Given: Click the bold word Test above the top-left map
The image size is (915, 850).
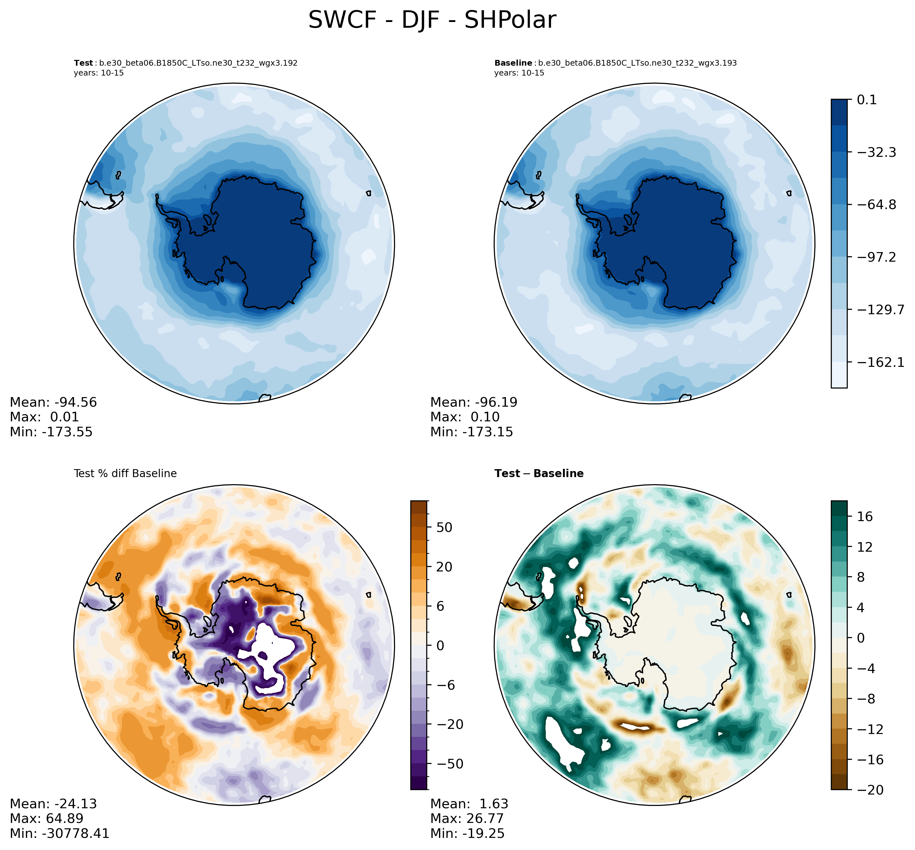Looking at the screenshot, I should [83, 63].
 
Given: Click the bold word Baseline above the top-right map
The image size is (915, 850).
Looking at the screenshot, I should [513, 63].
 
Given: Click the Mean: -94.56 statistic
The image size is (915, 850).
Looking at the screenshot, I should [53, 403].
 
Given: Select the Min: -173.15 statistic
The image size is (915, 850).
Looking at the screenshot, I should [472, 432].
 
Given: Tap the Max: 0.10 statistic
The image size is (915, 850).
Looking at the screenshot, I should [465, 417].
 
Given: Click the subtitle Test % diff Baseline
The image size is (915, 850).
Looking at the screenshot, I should [125, 473].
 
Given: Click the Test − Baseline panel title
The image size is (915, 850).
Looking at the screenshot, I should [539, 473].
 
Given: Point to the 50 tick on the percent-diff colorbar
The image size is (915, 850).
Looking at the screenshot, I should [443, 527].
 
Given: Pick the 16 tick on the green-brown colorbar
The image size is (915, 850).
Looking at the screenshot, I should [865, 517].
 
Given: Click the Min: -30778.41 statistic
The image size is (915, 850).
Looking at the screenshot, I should [59, 833].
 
